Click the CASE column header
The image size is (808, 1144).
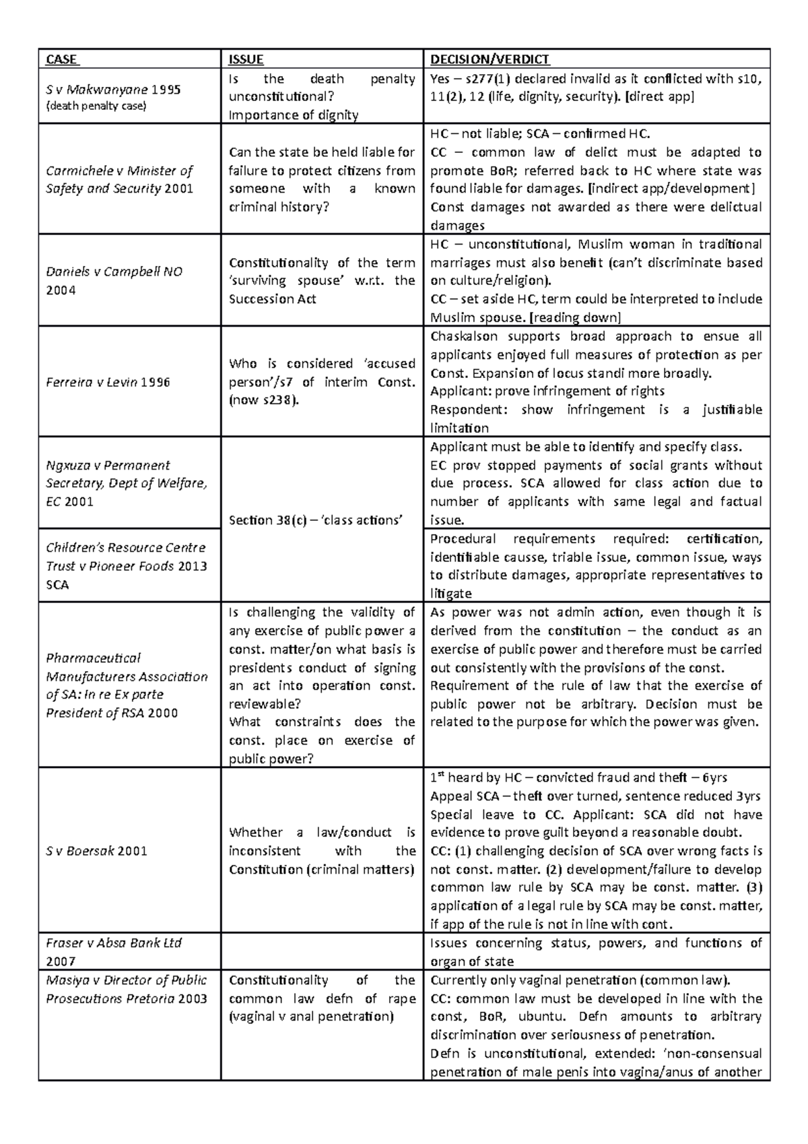tap(62, 59)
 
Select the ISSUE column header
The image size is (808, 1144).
tap(246, 59)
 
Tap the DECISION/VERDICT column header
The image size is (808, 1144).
tap(490, 59)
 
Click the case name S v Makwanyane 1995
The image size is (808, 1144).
tap(112, 89)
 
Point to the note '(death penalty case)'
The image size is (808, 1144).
tap(96, 106)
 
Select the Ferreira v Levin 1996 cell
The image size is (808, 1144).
tap(107, 382)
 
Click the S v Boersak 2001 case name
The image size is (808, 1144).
tap(96, 850)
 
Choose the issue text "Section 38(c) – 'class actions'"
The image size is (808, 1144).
tap(315, 519)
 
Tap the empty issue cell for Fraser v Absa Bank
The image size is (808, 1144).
tap(322, 951)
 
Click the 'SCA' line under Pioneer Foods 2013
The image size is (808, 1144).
tap(57, 585)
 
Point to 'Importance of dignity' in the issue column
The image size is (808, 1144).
tap(294, 115)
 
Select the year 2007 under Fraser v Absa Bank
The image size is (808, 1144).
tap(61, 961)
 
